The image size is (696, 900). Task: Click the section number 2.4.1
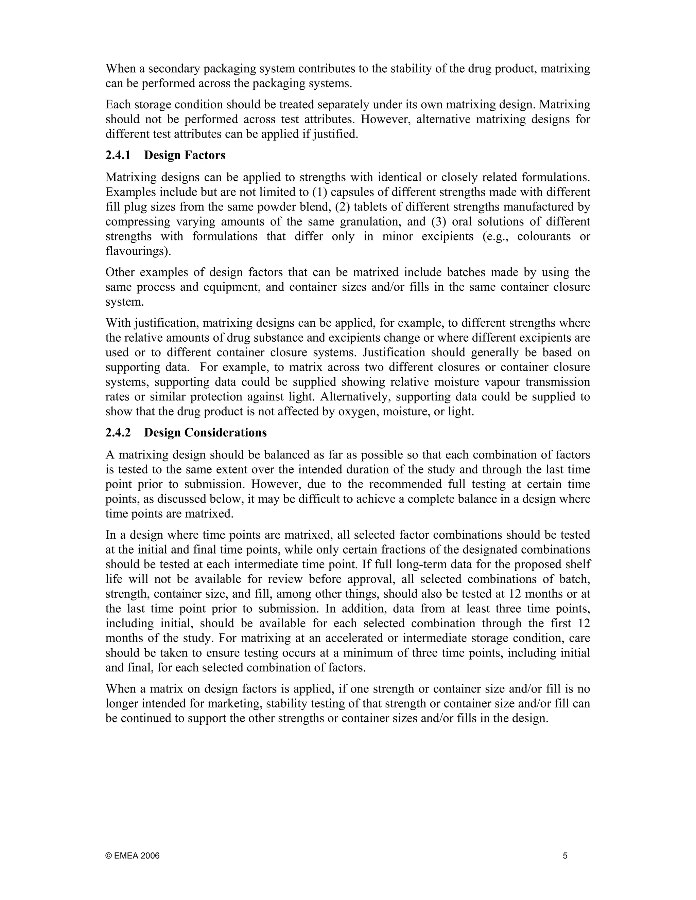point(118,155)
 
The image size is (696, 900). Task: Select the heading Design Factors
point(185,155)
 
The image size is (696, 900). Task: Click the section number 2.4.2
point(118,433)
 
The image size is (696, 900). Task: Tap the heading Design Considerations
point(205,433)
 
